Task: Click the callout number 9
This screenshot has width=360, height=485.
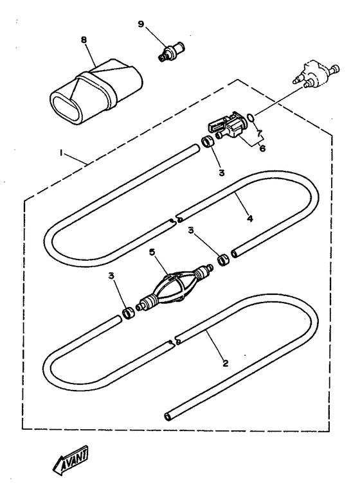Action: click(x=141, y=24)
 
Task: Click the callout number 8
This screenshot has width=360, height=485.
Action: click(x=84, y=40)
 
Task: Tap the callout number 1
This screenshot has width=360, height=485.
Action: click(x=62, y=153)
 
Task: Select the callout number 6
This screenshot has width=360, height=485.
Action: click(x=262, y=148)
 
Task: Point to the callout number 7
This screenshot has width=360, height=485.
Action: click(x=259, y=134)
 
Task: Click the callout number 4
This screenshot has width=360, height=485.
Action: click(x=250, y=218)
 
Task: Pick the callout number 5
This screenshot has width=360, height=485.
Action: click(x=152, y=252)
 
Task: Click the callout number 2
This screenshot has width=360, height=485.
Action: click(x=225, y=363)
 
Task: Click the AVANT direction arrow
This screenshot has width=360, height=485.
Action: click(x=70, y=460)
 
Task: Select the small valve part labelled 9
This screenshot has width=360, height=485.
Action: click(x=172, y=51)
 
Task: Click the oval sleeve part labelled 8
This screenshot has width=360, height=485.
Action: click(x=96, y=93)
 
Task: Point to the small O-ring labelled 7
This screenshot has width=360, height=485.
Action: click(x=251, y=117)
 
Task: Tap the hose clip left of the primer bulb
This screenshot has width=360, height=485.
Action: click(x=128, y=313)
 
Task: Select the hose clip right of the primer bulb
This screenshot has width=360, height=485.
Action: click(x=224, y=260)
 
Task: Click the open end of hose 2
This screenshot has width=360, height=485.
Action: click(x=168, y=416)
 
